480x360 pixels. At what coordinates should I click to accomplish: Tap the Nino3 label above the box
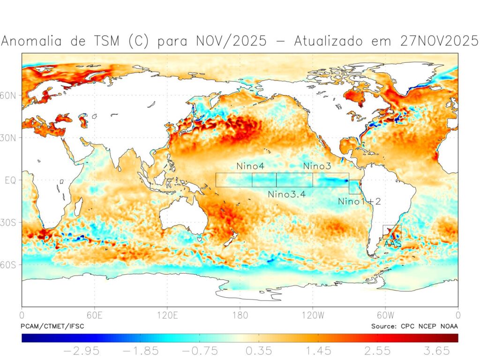pyautogui.click(x=317, y=166)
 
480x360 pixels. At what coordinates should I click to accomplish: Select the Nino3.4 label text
pyautogui.click(x=286, y=194)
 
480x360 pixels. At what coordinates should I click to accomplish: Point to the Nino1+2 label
pyautogui.click(x=360, y=201)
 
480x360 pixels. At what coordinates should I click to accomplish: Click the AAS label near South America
pyautogui.click(x=392, y=244)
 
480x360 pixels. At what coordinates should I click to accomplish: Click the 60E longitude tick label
pyautogui.click(x=95, y=315)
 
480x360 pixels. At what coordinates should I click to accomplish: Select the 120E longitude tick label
pyautogui.click(x=167, y=315)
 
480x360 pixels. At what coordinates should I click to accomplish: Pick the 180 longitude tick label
pyautogui.click(x=240, y=315)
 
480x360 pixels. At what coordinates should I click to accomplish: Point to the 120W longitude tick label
pyautogui.click(x=313, y=315)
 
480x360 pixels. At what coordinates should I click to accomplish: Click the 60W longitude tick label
pyautogui.click(x=385, y=315)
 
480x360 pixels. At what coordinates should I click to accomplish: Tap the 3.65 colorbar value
pyautogui.click(x=435, y=351)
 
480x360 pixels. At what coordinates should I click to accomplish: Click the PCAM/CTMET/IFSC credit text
pyautogui.click(x=52, y=326)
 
